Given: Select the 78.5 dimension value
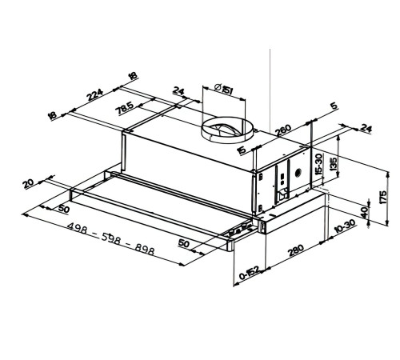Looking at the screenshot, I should tap(125, 109).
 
